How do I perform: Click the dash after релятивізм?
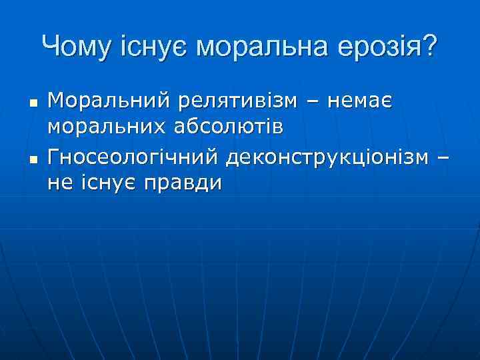coord(313,103)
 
